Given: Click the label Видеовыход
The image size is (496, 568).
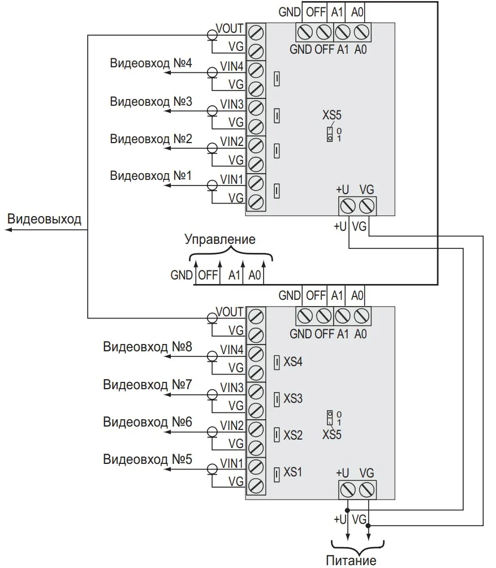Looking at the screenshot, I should pyautogui.click(x=44, y=220).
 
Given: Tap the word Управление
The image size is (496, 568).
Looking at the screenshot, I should pyautogui.click(x=220, y=239).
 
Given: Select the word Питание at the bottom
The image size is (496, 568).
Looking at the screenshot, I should pyautogui.click(x=351, y=561).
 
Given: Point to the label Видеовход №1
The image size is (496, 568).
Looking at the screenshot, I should pyautogui.click(x=151, y=175).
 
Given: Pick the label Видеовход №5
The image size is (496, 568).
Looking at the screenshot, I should pyautogui.click(x=148, y=458).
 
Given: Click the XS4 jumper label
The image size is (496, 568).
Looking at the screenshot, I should pyautogui.click(x=293, y=362).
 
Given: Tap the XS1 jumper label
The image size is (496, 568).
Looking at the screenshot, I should pyautogui.click(x=293, y=472).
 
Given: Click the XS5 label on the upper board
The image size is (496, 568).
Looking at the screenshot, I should pyautogui.click(x=332, y=116).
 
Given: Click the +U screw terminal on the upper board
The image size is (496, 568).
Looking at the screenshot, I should pyautogui.click(x=347, y=205).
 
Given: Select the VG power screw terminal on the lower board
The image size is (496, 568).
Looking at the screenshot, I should pyautogui.click(x=367, y=488).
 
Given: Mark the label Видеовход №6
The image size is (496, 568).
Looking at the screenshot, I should pyautogui.click(x=148, y=422).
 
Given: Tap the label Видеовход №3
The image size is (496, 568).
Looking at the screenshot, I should pyautogui.click(x=151, y=102).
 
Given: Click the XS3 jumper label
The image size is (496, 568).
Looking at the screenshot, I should pyautogui.click(x=293, y=399).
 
